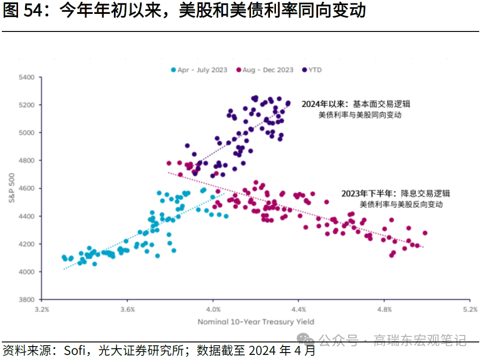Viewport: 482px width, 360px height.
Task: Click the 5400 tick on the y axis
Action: click(27, 77)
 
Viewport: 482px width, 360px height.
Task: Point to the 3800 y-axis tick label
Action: click(27, 299)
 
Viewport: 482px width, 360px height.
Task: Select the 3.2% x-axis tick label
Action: click(42, 309)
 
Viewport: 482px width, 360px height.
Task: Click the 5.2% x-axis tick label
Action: click(470, 309)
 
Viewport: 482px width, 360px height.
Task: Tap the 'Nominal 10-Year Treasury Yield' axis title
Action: click(256, 322)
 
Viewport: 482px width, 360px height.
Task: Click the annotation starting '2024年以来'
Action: click(356, 104)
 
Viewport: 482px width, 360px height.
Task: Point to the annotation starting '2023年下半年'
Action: click(395, 193)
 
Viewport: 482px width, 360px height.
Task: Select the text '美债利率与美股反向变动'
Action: click(401, 204)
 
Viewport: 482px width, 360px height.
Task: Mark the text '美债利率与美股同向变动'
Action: click(360, 115)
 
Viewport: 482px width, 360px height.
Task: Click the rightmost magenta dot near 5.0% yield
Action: click(425, 233)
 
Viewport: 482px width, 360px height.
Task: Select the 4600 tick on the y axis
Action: click(27, 188)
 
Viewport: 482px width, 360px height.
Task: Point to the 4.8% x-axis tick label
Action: click(384, 309)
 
